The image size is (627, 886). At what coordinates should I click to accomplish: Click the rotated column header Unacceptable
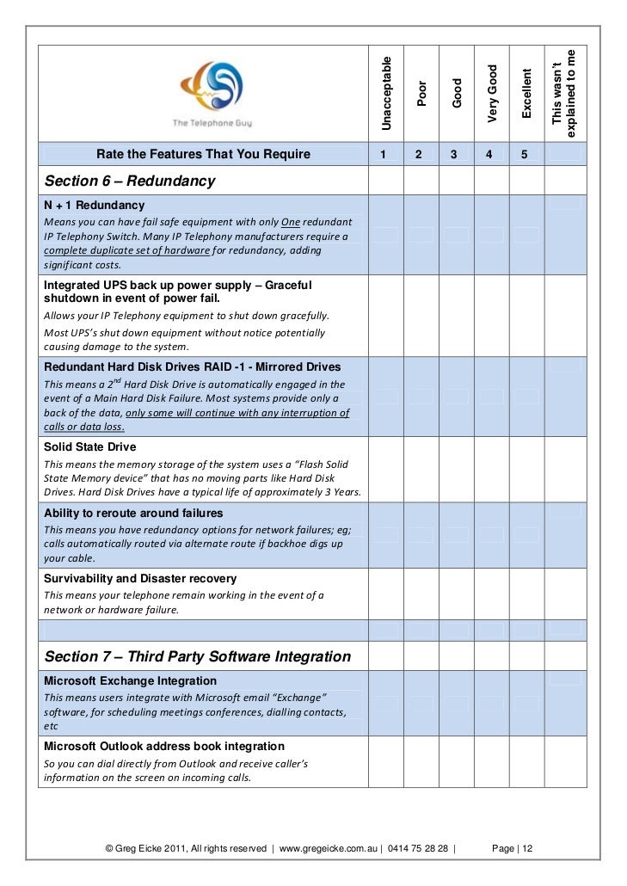pyautogui.click(x=386, y=93)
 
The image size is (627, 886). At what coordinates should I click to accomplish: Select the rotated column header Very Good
pyautogui.click(x=492, y=93)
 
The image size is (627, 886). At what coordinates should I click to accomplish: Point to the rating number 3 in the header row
pyautogui.click(x=453, y=155)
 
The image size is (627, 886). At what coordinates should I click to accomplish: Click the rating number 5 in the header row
pyautogui.click(x=523, y=155)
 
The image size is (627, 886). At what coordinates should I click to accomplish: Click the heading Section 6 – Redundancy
pyautogui.click(x=129, y=182)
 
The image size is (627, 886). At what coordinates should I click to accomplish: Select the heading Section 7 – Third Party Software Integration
pyautogui.click(x=197, y=656)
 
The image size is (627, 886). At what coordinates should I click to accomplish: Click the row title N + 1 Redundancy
pyautogui.click(x=94, y=206)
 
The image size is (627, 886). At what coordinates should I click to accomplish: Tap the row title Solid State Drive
pyautogui.click(x=89, y=447)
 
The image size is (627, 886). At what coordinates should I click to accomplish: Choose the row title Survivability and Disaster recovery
pyautogui.click(x=139, y=579)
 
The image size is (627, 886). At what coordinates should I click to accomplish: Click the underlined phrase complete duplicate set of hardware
pyautogui.click(x=126, y=250)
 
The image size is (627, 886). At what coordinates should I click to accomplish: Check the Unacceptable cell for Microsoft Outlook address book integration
pyautogui.click(x=386, y=761)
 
